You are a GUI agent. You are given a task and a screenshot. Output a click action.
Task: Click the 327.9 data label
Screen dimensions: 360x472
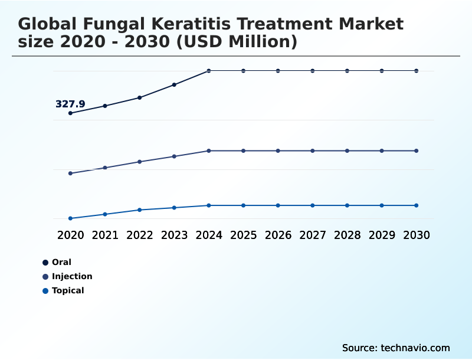click(70, 104)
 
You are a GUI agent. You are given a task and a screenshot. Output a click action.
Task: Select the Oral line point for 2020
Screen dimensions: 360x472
click(70, 113)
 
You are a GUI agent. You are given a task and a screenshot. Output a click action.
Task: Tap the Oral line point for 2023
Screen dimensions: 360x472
click(174, 84)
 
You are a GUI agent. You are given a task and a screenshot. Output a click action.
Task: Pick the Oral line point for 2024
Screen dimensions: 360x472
click(209, 71)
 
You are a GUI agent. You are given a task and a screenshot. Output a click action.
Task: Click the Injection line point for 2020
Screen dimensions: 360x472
click(70, 174)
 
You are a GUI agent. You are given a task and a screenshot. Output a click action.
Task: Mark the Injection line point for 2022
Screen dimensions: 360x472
click(140, 161)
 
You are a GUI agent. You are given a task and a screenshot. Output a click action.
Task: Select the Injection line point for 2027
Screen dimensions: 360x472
click(313, 150)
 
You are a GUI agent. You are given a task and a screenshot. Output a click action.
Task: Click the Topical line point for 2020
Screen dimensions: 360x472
click(70, 218)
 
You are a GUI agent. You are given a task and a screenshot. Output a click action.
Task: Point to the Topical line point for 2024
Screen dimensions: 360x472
click(209, 205)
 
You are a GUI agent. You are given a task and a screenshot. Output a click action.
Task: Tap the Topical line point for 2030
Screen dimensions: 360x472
click(417, 205)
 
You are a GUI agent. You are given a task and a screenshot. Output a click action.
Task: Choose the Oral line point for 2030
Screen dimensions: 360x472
click(417, 71)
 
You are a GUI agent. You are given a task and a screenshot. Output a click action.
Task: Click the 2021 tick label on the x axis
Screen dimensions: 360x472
click(105, 235)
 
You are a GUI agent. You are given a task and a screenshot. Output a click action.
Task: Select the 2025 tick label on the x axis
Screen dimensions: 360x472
click(243, 235)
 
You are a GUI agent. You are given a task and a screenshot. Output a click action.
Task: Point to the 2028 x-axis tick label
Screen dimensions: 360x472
click(347, 235)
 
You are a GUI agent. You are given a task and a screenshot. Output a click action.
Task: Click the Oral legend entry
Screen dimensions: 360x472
click(61, 262)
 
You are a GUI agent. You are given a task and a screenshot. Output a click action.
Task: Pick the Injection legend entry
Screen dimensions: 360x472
click(71, 276)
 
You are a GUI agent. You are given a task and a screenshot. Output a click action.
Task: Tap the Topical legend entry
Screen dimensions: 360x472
click(67, 290)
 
